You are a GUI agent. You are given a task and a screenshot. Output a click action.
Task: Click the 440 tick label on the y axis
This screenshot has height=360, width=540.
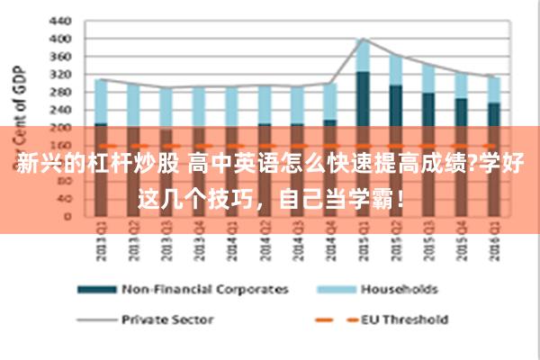click(x=59, y=20)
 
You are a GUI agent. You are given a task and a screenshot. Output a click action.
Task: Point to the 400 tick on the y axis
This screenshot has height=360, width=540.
click(x=59, y=39)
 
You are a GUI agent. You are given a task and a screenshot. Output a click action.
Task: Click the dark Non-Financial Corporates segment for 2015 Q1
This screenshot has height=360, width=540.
click(x=363, y=99)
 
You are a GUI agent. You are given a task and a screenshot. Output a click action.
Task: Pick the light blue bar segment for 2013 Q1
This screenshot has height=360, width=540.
click(x=101, y=101)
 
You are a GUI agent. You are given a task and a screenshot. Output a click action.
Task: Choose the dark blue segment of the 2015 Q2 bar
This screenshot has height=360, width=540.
click(x=396, y=106)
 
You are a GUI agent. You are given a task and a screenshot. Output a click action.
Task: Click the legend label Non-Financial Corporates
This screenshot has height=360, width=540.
click(x=205, y=289)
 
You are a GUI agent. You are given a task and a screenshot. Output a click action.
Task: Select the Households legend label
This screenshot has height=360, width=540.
click(x=399, y=289)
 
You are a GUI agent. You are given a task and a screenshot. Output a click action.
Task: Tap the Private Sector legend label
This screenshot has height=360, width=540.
click(x=167, y=319)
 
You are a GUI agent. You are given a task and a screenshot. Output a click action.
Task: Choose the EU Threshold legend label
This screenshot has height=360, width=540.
click(x=404, y=319)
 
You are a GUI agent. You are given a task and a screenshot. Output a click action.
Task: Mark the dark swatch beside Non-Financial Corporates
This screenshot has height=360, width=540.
click(x=96, y=289)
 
